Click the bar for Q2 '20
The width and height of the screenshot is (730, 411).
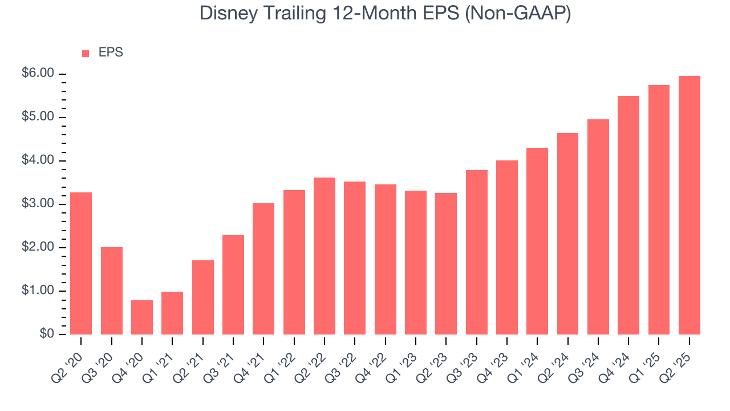(x=81, y=263)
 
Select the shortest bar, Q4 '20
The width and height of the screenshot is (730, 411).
(x=142, y=317)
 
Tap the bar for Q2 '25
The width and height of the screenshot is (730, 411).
(x=690, y=205)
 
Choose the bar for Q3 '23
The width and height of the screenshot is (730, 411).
(x=477, y=252)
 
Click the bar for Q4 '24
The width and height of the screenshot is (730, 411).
(x=628, y=215)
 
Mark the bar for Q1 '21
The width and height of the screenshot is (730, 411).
(x=172, y=313)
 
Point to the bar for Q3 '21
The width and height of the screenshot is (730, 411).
(x=233, y=285)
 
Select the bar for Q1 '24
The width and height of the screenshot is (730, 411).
(x=537, y=241)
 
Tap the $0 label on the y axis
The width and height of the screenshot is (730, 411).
(x=47, y=334)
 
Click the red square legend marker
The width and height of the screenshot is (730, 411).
(x=86, y=53)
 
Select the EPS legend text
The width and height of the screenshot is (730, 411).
(x=111, y=53)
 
